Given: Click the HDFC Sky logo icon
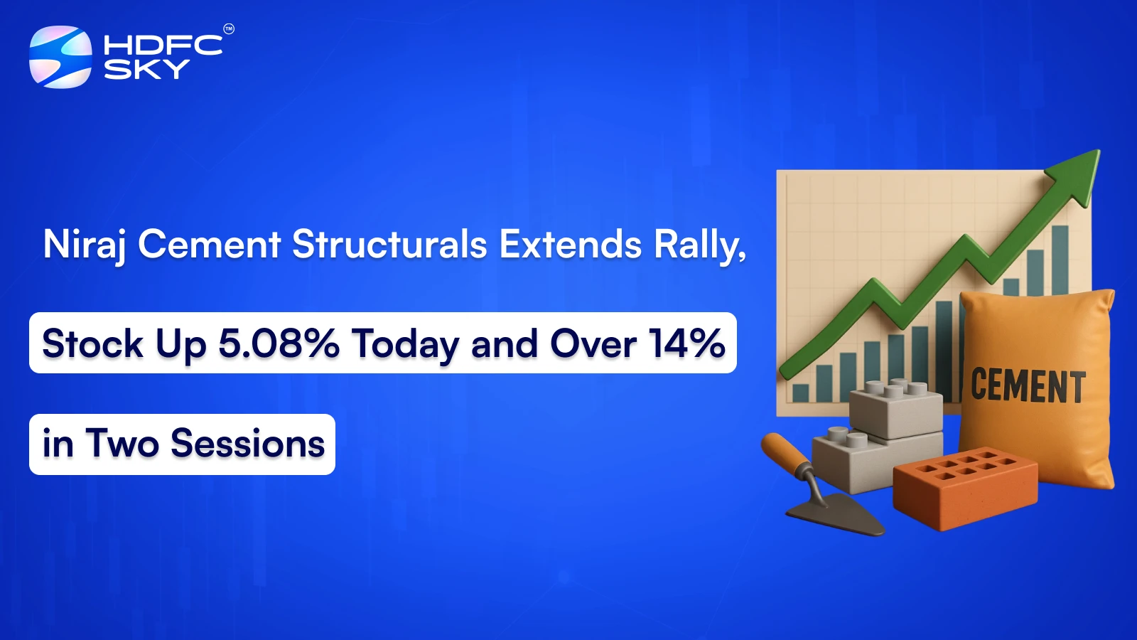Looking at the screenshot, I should tap(60, 57).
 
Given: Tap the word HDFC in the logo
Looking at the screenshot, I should tap(163, 46).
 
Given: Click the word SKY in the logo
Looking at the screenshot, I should tap(146, 70).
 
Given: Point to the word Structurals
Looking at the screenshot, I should tap(389, 245).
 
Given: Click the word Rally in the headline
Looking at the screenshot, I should tap(698, 245).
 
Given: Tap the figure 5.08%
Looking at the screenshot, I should tap(279, 343).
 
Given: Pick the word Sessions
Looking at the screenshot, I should tap(247, 444).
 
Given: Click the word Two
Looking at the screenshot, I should tap(122, 444).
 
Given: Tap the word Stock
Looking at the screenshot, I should tap(92, 344).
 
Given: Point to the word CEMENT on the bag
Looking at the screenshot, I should tap(1028, 387).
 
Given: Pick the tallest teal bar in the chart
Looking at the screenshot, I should tap(1060, 260).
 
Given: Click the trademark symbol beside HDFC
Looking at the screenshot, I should tap(229, 29).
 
